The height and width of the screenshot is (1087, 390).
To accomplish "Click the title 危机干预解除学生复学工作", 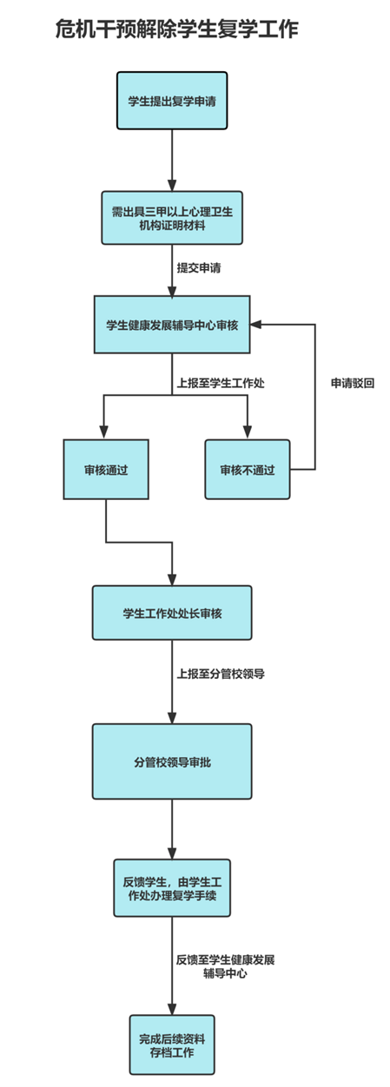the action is (x=176, y=29).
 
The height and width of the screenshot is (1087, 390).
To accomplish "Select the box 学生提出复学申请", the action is (x=172, y=101).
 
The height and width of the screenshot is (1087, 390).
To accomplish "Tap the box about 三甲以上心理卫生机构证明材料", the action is (x=172, y=217).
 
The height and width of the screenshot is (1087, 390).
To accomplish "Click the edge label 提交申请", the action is (x=199, y=268).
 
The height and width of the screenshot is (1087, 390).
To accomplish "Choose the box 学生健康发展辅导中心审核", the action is (x=172, y=324).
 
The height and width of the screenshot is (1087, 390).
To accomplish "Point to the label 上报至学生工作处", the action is (x=221, y=383).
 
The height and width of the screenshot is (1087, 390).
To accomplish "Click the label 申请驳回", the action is (x=353, y=383).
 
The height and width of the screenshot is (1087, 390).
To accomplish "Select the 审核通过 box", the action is (x=106, y=469).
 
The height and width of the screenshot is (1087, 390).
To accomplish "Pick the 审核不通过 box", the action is (x=248, y=469).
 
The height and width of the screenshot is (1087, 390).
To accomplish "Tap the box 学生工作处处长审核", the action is (x=172, y=612).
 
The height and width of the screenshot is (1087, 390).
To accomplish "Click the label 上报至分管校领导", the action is (x=221, y=674).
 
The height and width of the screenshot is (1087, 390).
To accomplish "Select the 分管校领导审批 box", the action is (x=172, y=761).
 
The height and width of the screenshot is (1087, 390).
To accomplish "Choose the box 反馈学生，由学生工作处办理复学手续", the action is (x=172, y=888).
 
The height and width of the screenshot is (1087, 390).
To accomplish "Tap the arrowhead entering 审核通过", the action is (x=103, y=432).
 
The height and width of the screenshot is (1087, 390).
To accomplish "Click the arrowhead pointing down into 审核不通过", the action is (x=248, y=432).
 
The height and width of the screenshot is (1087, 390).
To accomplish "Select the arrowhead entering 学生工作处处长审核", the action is (x=172, y=578).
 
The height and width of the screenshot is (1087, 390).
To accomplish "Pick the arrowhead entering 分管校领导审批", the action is (x=172, y=717).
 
